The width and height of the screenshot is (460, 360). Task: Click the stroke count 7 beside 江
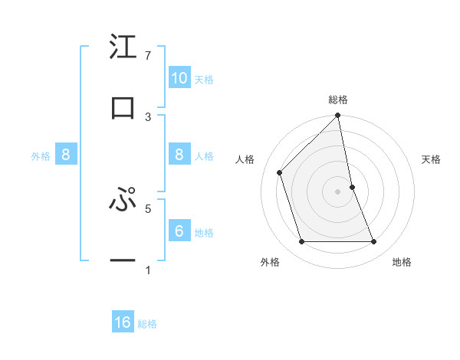coord(147,56)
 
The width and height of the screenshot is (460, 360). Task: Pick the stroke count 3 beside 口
coord(147,116)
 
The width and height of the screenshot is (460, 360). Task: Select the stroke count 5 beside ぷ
coord(147,208)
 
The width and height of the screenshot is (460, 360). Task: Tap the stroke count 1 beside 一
coord(147,270)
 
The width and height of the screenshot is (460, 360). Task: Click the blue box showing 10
coord(179,77)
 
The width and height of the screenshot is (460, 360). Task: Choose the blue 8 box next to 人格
coord(179,155)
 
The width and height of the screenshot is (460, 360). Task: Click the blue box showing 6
coord(179,231)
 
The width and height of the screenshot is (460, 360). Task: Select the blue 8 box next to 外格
coord(66,155)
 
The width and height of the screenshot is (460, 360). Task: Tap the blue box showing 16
coord(123,322)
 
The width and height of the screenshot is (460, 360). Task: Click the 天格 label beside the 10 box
coord(204,79)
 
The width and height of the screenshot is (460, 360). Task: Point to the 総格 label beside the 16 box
coord(147,324)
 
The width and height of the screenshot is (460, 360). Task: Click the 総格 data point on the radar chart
coord(338,116)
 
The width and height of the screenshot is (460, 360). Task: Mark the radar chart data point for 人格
coord(280,172)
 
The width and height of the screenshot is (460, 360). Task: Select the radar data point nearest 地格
coord(374,242)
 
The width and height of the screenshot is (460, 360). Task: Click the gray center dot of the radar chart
coord(338,191)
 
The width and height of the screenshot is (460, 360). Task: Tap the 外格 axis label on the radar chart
coord(270,263)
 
